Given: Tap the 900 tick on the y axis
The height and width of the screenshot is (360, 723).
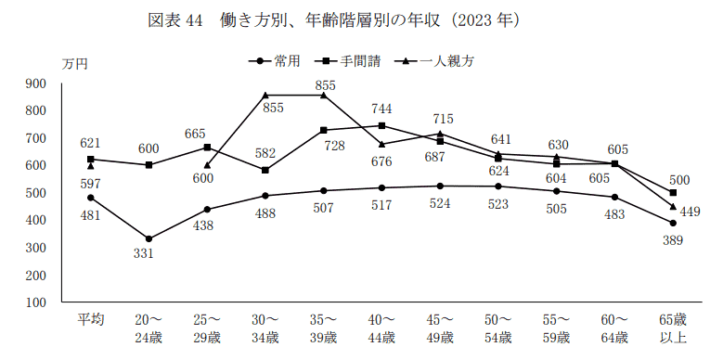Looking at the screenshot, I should (35, 84).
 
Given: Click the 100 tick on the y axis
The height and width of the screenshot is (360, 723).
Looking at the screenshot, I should (35, 302).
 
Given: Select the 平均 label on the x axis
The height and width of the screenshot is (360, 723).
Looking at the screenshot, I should (90, 319).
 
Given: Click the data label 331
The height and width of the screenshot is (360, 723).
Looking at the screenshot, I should (148, 255).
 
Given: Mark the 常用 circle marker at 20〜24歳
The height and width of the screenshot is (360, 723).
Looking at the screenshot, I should (148, 239).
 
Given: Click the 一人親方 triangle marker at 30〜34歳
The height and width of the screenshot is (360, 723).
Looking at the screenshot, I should (265, 95).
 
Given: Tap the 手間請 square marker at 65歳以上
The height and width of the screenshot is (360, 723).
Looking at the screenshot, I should (673, 193).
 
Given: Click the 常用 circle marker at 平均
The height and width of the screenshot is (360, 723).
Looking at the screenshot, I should (90, 198).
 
